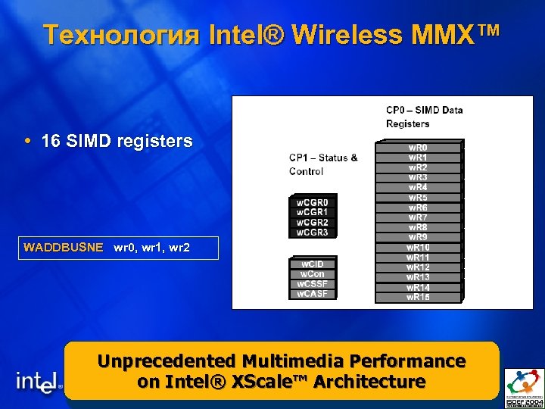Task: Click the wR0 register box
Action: [418, 147]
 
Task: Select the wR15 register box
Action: [418, 297]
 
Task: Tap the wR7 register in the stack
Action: [418, 217]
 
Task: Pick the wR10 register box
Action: [418, 248]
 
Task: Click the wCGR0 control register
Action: [313, 202]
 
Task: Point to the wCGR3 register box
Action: [313, 233]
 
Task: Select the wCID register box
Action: [313, 264]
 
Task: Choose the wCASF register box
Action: [313, 294]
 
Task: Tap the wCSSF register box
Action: [313, 284]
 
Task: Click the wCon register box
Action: [313, 273]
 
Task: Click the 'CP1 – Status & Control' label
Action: [323, 164]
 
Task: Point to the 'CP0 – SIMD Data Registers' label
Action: [424, 117]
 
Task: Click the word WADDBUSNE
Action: [64, 248]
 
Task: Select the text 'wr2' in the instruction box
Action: [180, 248]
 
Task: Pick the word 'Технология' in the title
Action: [121, 34]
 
